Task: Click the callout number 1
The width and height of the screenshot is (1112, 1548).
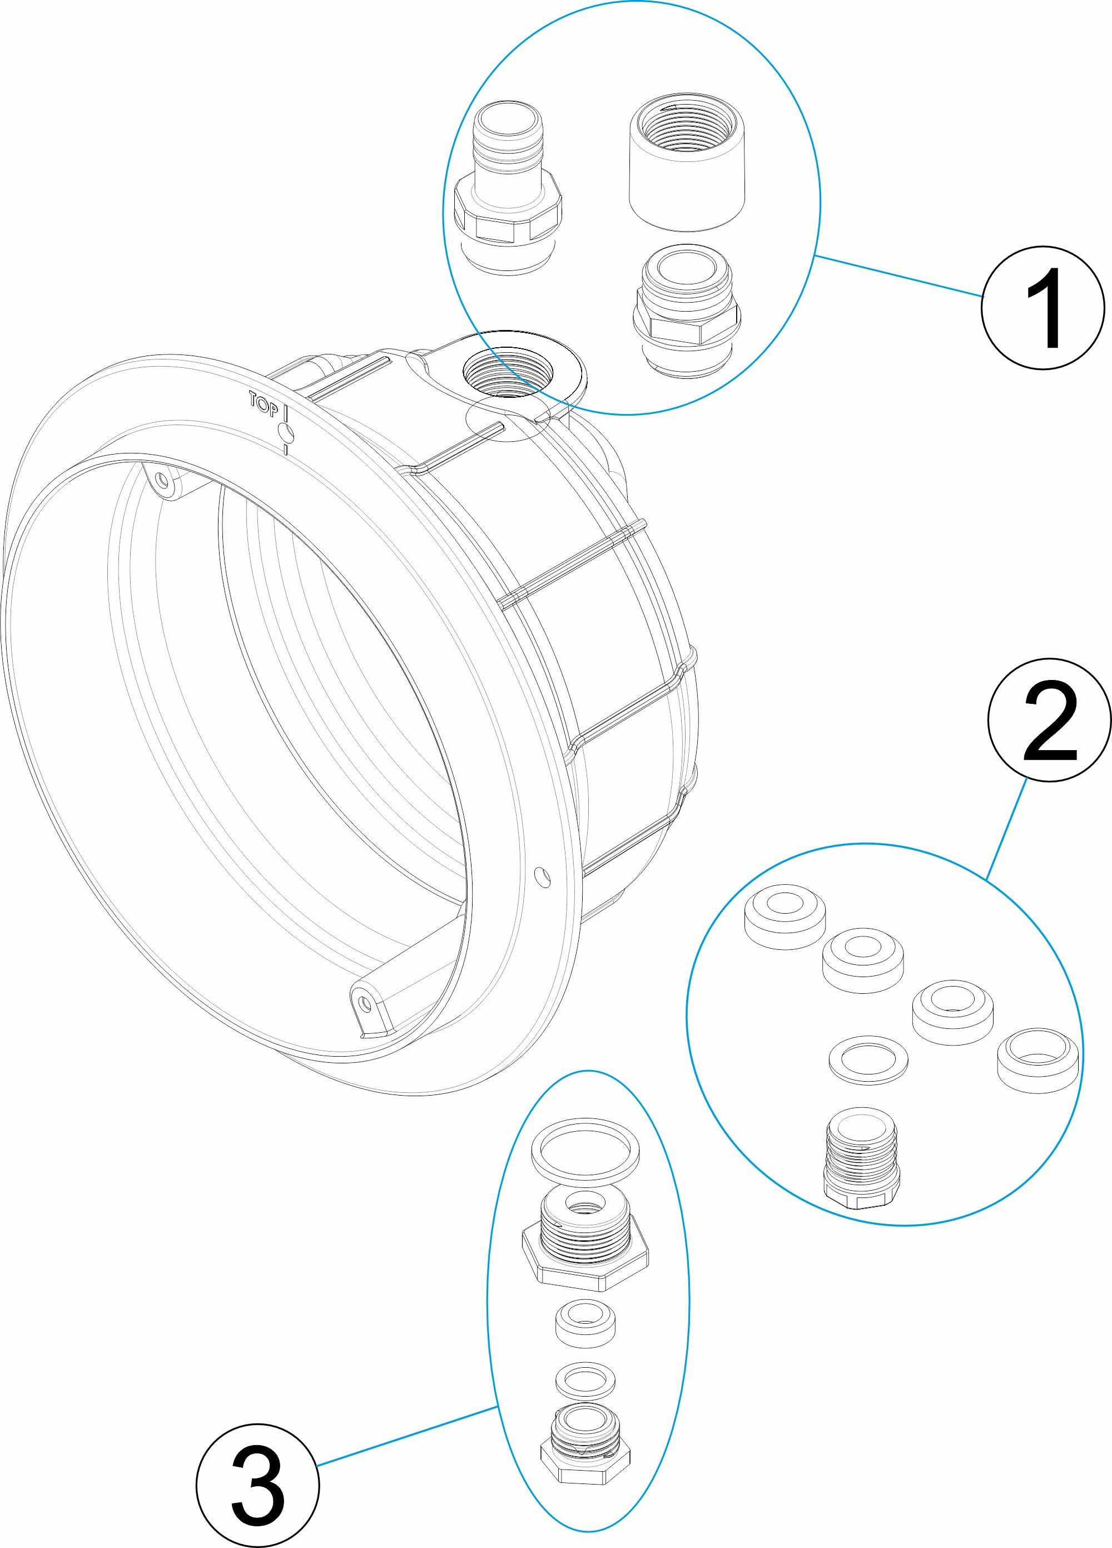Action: [1042, 308]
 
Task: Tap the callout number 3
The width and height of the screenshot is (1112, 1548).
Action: [257, 1485]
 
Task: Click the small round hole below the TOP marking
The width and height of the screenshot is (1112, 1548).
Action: [285, 432]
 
